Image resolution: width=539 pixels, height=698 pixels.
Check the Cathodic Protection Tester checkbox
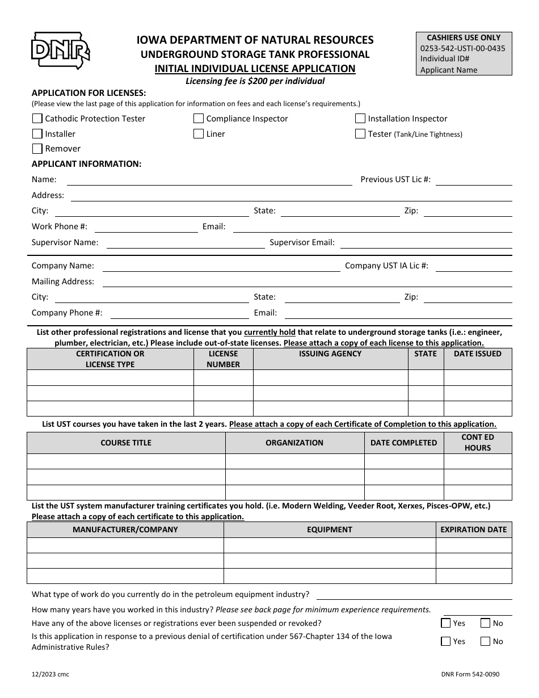37,119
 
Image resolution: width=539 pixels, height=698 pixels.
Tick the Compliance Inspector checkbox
199,119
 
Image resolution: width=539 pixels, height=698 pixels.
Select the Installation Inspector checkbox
360,119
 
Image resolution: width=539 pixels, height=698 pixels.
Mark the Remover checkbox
37,149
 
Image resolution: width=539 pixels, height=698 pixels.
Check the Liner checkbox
199,134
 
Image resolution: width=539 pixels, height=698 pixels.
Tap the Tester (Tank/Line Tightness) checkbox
360,134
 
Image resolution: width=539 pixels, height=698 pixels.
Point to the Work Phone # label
60,226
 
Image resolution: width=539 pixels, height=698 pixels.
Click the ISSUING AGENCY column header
330,354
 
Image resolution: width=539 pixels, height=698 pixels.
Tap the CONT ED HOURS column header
477,443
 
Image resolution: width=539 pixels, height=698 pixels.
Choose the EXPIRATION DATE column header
473,529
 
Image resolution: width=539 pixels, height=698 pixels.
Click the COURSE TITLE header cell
126,443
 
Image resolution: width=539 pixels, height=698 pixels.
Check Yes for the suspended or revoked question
446,623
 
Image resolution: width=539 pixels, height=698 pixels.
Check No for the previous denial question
485,641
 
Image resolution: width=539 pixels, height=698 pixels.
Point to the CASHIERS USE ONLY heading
464,38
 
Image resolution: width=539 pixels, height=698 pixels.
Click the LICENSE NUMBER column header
223,359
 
